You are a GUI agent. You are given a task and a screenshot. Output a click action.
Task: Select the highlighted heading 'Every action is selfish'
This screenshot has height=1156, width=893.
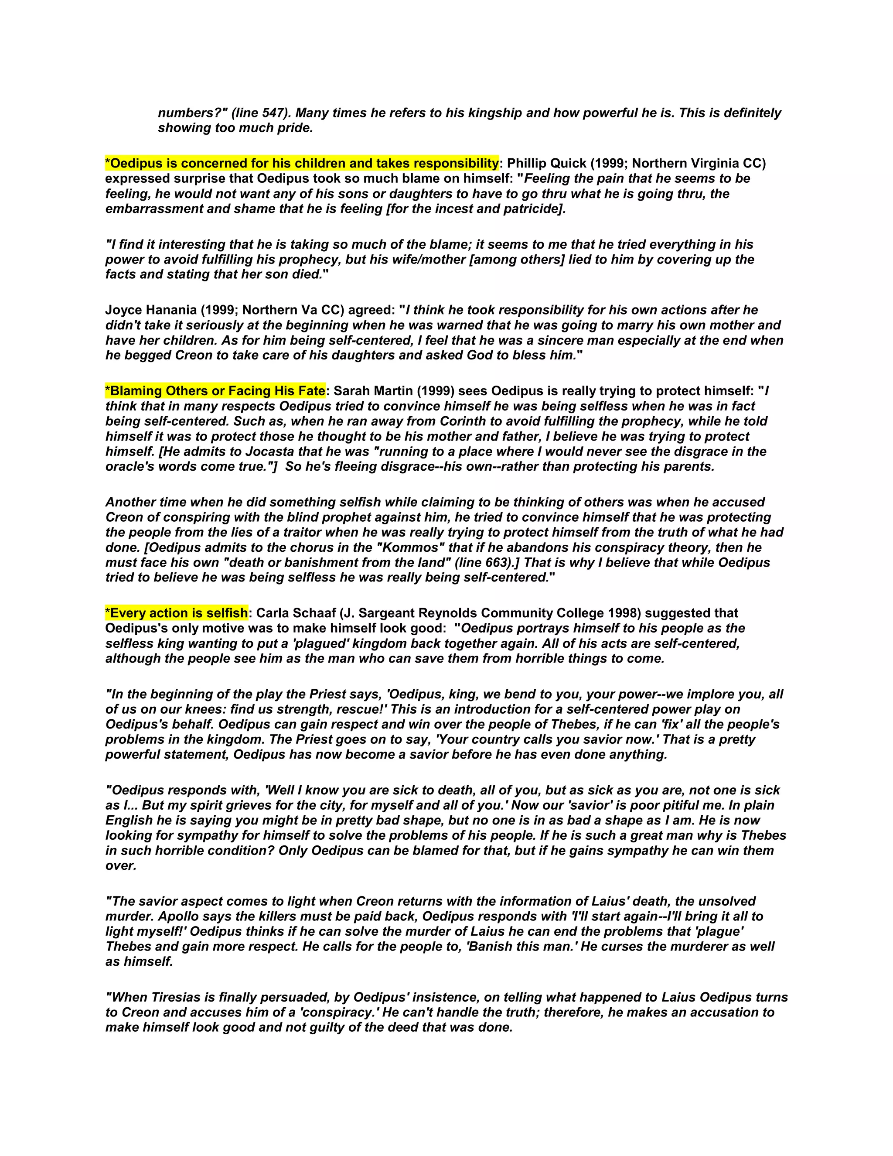pyautogui.click(x=177, y=613)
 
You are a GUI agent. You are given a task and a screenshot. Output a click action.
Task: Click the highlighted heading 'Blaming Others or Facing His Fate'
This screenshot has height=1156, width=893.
pyautogui.click(x=215, y=391)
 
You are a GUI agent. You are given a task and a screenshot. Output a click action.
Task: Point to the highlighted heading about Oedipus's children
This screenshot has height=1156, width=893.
pyautogui.click(x=302, y=163)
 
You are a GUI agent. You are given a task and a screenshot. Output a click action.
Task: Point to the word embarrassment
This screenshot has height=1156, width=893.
pyautogui.click(x=153, y=209)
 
